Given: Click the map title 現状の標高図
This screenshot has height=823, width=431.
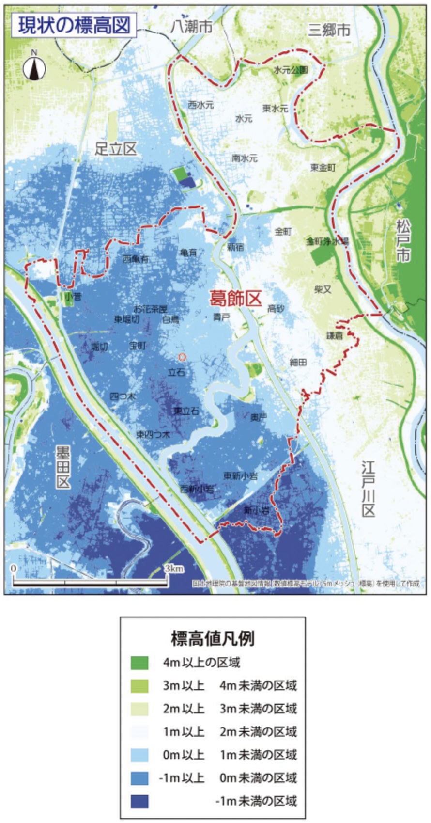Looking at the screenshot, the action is [x=75, y=25].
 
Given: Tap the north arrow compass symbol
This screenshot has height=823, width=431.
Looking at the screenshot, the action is [x=34, y=67].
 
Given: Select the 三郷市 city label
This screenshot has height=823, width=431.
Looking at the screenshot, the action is [x=329, y=30].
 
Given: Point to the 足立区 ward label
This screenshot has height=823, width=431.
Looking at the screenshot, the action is [x=116, y=149].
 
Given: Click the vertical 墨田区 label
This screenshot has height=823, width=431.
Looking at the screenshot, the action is [x=63, y=467].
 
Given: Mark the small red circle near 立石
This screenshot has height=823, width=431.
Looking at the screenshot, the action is [x=182, y=357].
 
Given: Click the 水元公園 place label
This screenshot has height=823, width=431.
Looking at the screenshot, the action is [x=291, y=70].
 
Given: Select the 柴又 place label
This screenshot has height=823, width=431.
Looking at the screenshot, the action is [x=323, y=289].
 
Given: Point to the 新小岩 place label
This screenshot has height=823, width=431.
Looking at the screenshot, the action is [x=257, y=510].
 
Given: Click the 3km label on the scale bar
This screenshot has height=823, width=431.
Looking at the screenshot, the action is [x=173, y=569].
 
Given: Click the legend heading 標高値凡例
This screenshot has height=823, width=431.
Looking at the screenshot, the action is [x=213, y=638].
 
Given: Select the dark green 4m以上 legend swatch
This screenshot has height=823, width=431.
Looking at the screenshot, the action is [x=139, y=663].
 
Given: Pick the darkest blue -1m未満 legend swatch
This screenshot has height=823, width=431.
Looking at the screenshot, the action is [x=139, y=801].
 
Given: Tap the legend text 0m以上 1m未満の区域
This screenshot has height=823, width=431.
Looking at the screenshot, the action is [x=230, y=755].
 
